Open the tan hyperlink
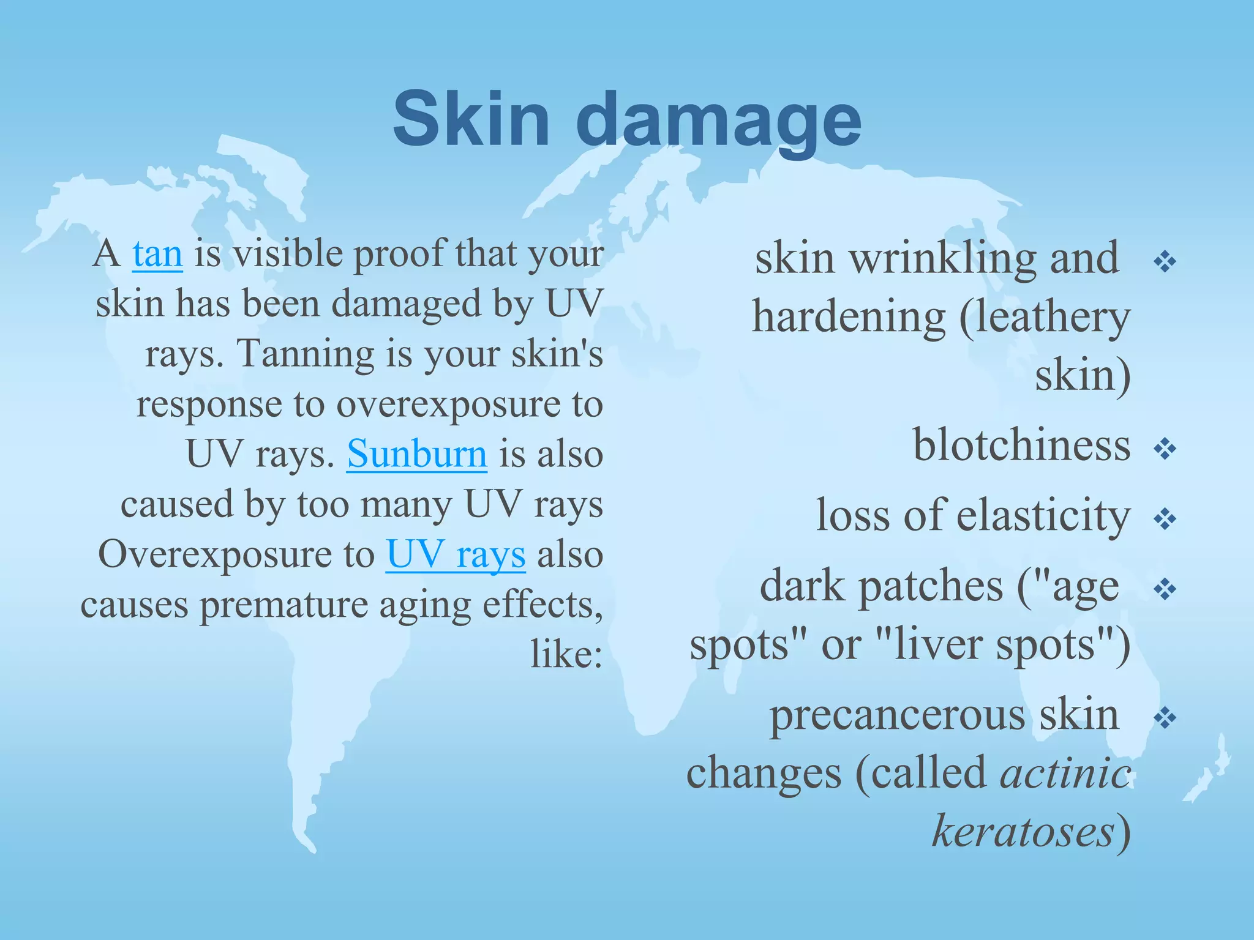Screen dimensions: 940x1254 coord(157,254)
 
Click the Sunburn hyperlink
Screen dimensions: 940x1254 coord(417,454)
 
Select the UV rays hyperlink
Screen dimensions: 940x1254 coord(456,554)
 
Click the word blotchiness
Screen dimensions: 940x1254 coord(1021,445)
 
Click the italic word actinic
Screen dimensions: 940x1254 coord(1065,772)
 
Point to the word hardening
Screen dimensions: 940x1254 coord(849,317)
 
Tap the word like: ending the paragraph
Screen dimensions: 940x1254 coord(566,655)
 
